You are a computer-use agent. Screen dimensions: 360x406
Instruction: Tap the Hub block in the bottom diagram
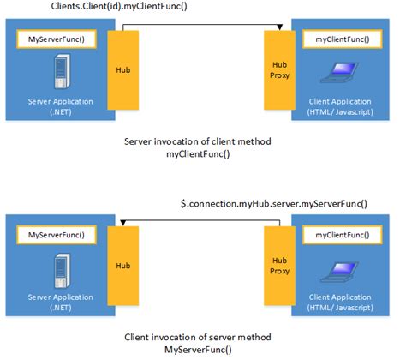[x=123, y=267]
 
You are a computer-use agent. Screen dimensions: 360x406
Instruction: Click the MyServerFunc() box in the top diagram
[x=57, y=39]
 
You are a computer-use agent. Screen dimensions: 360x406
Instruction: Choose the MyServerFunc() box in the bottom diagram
[x=57, y=234]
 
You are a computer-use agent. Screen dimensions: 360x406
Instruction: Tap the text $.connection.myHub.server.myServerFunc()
[x=273, y=203]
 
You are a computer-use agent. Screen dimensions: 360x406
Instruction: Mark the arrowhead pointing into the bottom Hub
[x=123, y=225]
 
